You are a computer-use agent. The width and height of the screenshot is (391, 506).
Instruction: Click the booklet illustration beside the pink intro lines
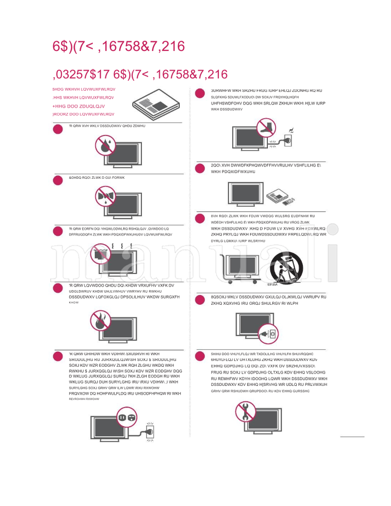(155, 105)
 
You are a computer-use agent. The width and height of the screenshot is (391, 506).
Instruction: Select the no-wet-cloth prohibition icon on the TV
(105, 198)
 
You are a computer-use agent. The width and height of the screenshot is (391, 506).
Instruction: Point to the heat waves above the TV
(120, 246)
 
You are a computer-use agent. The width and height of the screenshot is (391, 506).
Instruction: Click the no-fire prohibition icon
(101, 322)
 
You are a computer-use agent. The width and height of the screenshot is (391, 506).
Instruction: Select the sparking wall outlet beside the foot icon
(289, 139)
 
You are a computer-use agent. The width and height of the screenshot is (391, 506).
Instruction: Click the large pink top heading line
(119, 46)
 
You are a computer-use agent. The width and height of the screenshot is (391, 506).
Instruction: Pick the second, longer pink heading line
(140, 75)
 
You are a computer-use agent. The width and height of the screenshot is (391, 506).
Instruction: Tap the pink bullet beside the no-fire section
(58, 288)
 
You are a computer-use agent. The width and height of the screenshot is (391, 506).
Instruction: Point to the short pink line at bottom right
(352, 436)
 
